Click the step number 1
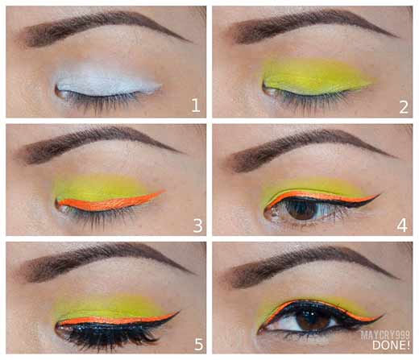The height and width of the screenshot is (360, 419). point(196,106)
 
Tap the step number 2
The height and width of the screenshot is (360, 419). point(404,107)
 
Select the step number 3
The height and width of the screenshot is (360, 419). point(197,226)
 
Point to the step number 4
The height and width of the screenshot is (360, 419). point(402,226)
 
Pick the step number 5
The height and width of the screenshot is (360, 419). point(198,345)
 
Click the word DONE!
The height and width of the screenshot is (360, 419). point(391,346)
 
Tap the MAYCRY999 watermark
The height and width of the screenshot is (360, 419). point(385,335)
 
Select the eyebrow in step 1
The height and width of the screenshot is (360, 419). point(105,26)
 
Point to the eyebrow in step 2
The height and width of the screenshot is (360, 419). point(312,26)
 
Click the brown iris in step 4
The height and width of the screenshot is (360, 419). point(301,209)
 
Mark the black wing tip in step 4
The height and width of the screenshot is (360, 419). point(381,193)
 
